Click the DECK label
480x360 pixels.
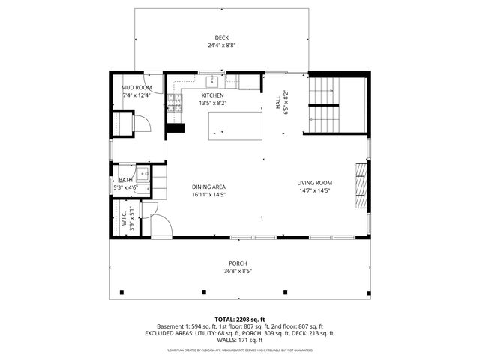221,37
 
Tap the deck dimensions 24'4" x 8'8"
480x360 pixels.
221,46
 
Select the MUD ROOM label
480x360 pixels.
136,88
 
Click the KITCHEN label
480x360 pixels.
213,95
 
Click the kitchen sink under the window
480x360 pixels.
212,79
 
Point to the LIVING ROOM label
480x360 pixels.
314,183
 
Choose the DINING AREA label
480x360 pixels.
208,187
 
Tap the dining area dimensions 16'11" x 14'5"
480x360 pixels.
208,195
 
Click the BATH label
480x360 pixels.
125,181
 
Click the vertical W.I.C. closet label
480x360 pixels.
124,220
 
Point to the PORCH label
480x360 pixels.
236,263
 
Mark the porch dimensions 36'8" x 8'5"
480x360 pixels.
236,271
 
